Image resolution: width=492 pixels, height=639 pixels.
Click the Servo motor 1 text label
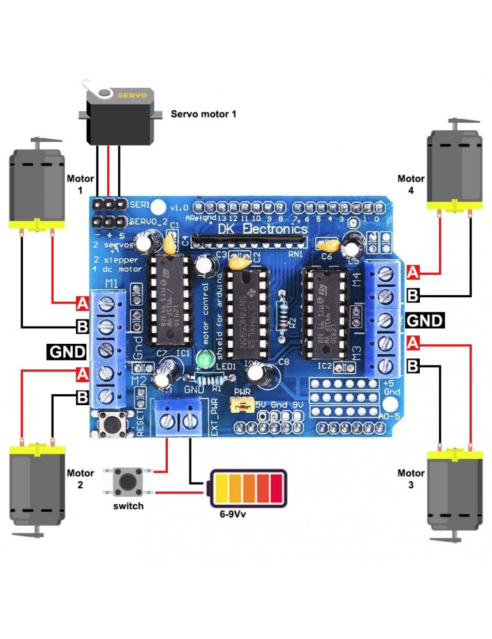(203, 114)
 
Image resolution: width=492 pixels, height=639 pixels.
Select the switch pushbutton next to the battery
(128, 481)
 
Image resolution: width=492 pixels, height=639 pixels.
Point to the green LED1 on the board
(205, 361)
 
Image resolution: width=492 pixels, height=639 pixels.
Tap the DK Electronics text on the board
(263, 229)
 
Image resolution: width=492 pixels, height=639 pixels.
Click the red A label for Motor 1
(82, 302)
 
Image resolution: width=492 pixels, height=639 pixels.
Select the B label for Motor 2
(82, 397)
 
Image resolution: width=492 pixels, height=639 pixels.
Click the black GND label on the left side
(66, 351)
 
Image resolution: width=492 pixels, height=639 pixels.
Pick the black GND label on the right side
(425, 319)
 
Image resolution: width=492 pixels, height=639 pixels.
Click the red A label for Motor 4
(414, 273)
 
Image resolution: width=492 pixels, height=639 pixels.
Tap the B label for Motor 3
(414, 366)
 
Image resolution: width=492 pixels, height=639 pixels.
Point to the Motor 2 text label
(80, 479)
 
